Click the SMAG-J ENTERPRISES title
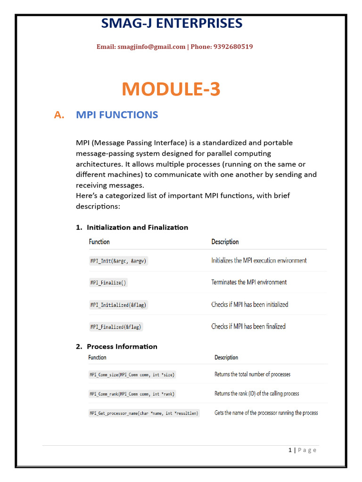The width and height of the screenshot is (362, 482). [172, 23]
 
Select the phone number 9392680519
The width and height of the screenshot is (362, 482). [233, 47]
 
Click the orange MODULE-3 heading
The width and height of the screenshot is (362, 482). [171, 89]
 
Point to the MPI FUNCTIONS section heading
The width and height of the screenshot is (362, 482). [117, 115]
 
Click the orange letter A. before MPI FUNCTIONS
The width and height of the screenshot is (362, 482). [59, 115]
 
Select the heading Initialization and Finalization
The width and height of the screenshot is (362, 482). [137, 227]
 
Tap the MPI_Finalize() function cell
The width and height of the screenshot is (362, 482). [109, 283]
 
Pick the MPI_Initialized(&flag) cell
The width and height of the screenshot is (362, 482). [118, 305]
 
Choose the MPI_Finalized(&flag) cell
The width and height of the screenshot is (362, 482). [116, 327]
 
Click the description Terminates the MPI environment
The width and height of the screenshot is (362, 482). [249, 282]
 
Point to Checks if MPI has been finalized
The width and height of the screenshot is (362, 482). [248, 326]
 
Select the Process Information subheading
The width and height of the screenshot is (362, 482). [122, 346]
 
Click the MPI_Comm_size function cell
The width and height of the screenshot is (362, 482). [132, 375]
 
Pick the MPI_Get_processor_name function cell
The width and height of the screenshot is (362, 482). [144, 413]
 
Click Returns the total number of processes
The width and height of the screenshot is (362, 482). [252, 374]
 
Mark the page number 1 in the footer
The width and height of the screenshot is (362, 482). [290, 450]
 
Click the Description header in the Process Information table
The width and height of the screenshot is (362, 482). [226, 357]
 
